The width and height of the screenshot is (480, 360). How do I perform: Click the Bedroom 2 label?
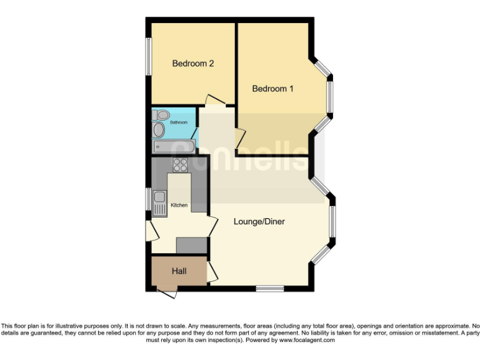pyautogui.click(x=193, y=63)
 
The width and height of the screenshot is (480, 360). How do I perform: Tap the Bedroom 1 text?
pyautogui.click(x=272, y=89)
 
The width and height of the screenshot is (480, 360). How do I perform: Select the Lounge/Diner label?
pyautogui.click(x=259, y=221)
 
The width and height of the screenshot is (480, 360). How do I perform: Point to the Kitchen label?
pyautogui.click(x=179, y=205)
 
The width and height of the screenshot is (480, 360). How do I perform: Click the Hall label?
pyautogui.click(x=179, y=271)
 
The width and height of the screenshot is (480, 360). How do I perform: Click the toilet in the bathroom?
pyautogui.click(x=161, y=115)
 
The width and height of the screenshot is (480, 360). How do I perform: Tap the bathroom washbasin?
pyautogui.click(x=159, y=130)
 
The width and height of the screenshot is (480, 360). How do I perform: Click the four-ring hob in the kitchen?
pyautogui.click(x=181, y=165)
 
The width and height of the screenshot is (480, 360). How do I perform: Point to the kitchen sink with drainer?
pyautogui.click(x=159, y=202)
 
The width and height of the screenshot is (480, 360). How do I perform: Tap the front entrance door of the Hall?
pyautogui.click(x=166, y=292)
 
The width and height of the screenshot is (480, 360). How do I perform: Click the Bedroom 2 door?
pyautogui.click(x=216, y=100)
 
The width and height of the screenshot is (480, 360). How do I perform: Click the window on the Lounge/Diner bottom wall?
pyautogui.click(x=269, y=288)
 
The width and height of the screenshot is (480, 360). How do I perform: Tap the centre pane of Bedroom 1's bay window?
pyautogui.click(x=331, y=97)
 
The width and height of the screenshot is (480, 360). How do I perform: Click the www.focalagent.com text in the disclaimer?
pyautogui.click(x=306, y=341)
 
